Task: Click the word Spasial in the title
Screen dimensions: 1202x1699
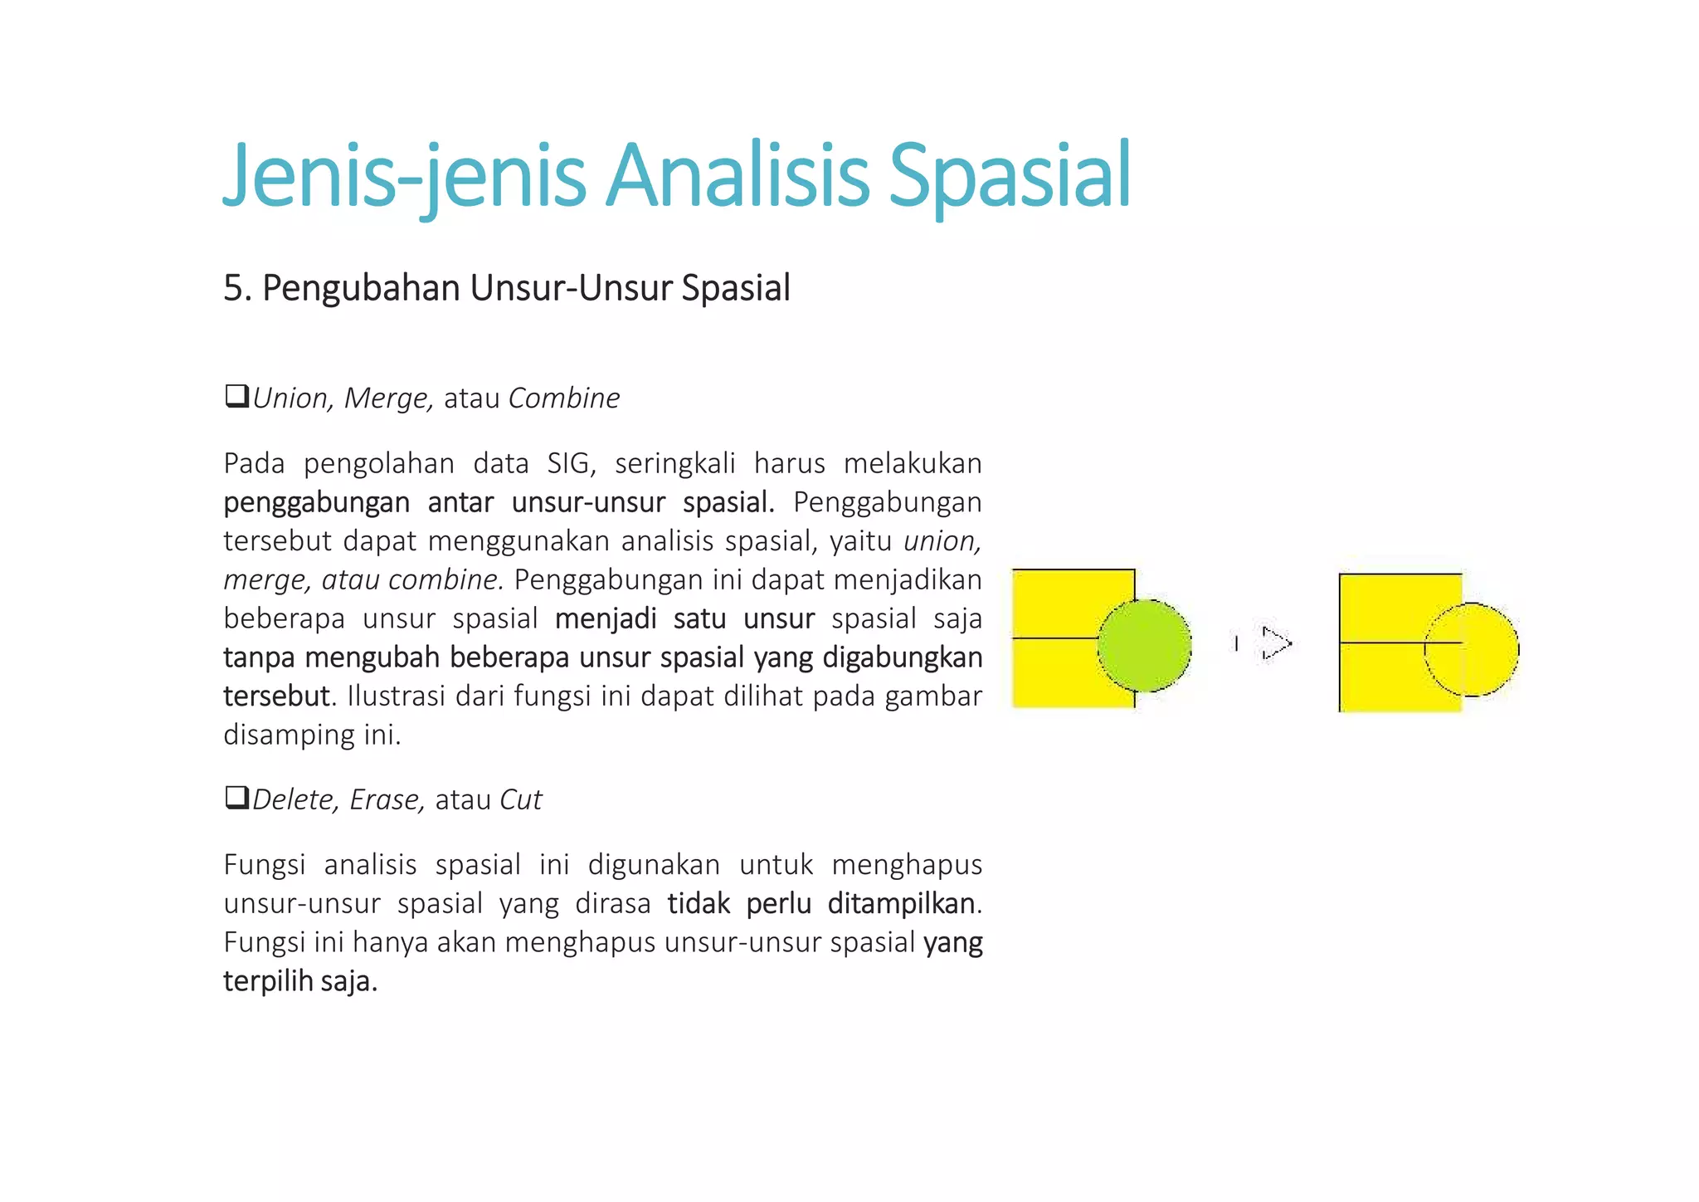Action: pyautogui.click(x=1009, y=176)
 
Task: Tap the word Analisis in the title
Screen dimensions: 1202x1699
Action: pyautogui.click(x=737, y=176)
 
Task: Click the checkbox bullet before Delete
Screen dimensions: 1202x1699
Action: pyautogui.click(x=236, y=798)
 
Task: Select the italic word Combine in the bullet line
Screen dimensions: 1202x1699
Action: pyautogui.click(x=564, y=398)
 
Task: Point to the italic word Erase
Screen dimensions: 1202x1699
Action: pyautogui.click(x=387, y=799)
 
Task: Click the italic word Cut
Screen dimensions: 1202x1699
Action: pyautogui.click(x=520, y=799)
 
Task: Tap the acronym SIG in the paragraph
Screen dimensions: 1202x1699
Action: pyautogui.click(x=571, y=463)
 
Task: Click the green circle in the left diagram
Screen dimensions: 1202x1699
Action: pyautogui.click(x=1145, y=645)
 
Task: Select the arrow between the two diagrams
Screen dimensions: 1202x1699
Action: pyautogui.click(x=1275, y=643)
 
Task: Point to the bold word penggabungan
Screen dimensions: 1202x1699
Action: pyautogui.click(x=317, y=503)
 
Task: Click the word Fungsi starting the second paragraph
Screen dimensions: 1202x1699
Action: pyautogui.click(x=265, y=865)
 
